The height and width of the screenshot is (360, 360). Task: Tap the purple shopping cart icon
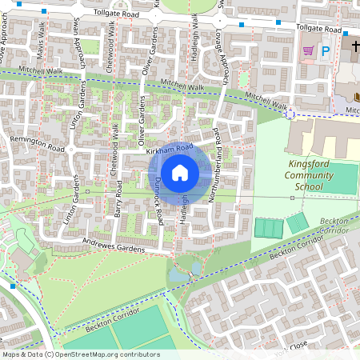point(308,50)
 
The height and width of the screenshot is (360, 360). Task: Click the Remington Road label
point(36,144)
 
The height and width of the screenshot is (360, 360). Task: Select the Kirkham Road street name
point(170,149)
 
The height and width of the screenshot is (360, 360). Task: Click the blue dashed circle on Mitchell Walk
point(290,114)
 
